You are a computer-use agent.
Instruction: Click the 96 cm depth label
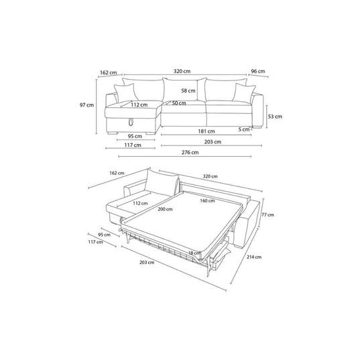[x=258, y=71]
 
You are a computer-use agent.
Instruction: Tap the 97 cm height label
[x=86, y=105]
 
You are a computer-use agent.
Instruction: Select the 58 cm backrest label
[x=188, y=90]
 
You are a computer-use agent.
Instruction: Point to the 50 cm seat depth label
[x=179, y=103]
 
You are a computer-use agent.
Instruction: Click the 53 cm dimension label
[x=275, y=117]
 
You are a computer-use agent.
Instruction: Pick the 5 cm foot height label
[x=244, y=129]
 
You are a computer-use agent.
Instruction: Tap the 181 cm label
[x=206, y=131]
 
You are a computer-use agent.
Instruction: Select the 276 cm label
[x=190, y=152]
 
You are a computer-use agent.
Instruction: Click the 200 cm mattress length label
[x=165, y=209]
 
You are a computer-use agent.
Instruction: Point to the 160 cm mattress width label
[x=207, y=201]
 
